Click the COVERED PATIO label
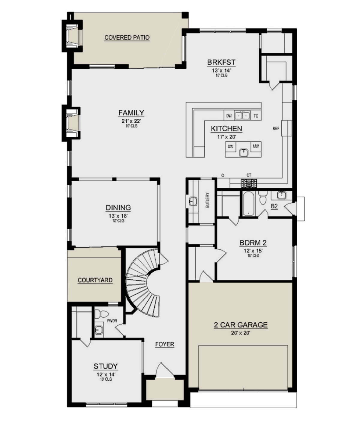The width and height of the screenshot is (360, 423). point(127,37)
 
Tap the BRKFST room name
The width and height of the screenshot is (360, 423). point(221,62)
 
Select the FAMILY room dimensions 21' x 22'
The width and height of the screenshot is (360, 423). point(131,121)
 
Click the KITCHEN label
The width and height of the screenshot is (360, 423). point(226,129)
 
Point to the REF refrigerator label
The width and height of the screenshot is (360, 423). point(276,129)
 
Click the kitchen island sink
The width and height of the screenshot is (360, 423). point(244,153)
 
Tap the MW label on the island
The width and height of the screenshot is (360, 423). point(256,146)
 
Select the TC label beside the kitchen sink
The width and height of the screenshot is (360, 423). point(256,116)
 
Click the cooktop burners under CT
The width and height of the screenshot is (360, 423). point(249,182)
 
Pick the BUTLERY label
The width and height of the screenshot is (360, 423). point(207,200)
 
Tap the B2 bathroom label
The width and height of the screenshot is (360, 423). point(274,206)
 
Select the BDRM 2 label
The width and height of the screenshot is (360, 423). point(253,243)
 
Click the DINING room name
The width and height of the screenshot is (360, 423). point(118,207)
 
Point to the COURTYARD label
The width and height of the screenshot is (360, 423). point(95,280)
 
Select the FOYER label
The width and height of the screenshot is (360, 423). point(164,344)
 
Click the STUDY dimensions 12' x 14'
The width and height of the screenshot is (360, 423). point(106,374)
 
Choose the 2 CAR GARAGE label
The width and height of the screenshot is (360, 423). point(241,325)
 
